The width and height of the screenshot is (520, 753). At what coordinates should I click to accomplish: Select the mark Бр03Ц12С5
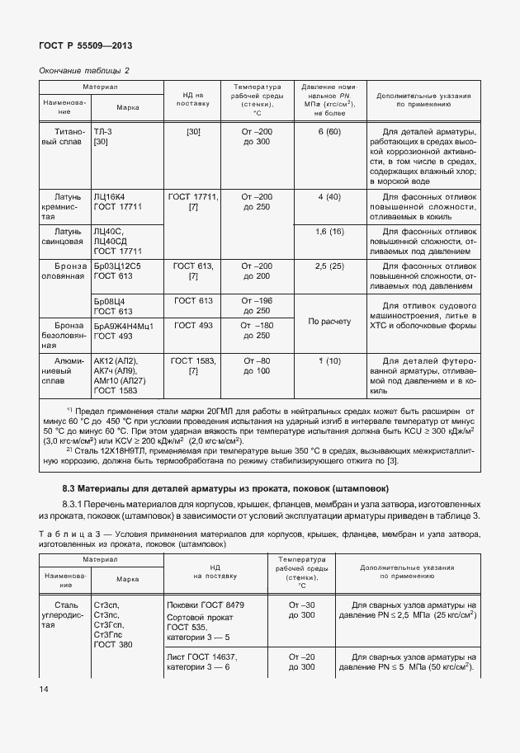117,267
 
